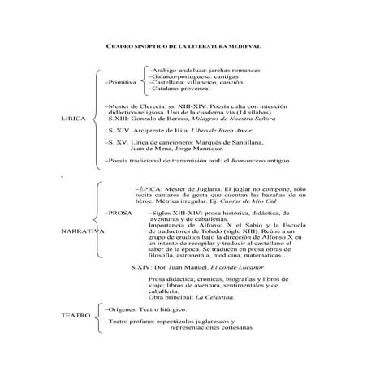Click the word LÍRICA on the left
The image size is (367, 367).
point(74,118)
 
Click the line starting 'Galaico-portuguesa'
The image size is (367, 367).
point(192,76)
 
